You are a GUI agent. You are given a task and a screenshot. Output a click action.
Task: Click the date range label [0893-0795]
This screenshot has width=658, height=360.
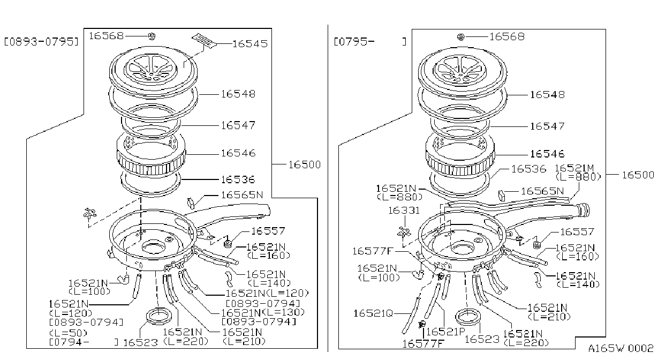click(41, 42)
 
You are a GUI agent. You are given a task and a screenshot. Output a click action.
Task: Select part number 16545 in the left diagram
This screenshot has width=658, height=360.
click(250, 44)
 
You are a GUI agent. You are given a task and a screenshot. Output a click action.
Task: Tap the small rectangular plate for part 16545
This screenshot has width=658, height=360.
click(204, 41)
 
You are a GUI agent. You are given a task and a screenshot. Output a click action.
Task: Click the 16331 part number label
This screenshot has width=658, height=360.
click(404, 211)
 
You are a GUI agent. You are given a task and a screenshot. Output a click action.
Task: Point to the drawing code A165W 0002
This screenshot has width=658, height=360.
click(621, 348)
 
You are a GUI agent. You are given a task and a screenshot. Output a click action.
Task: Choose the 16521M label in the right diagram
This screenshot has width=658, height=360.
click(574, 168)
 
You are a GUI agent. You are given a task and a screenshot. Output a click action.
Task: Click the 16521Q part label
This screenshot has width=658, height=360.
click(373, 313)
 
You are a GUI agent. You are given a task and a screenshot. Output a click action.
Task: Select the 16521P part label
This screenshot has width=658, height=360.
click(445, 332)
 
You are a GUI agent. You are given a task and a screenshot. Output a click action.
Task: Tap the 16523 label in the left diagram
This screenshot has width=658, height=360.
click(140, 342)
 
